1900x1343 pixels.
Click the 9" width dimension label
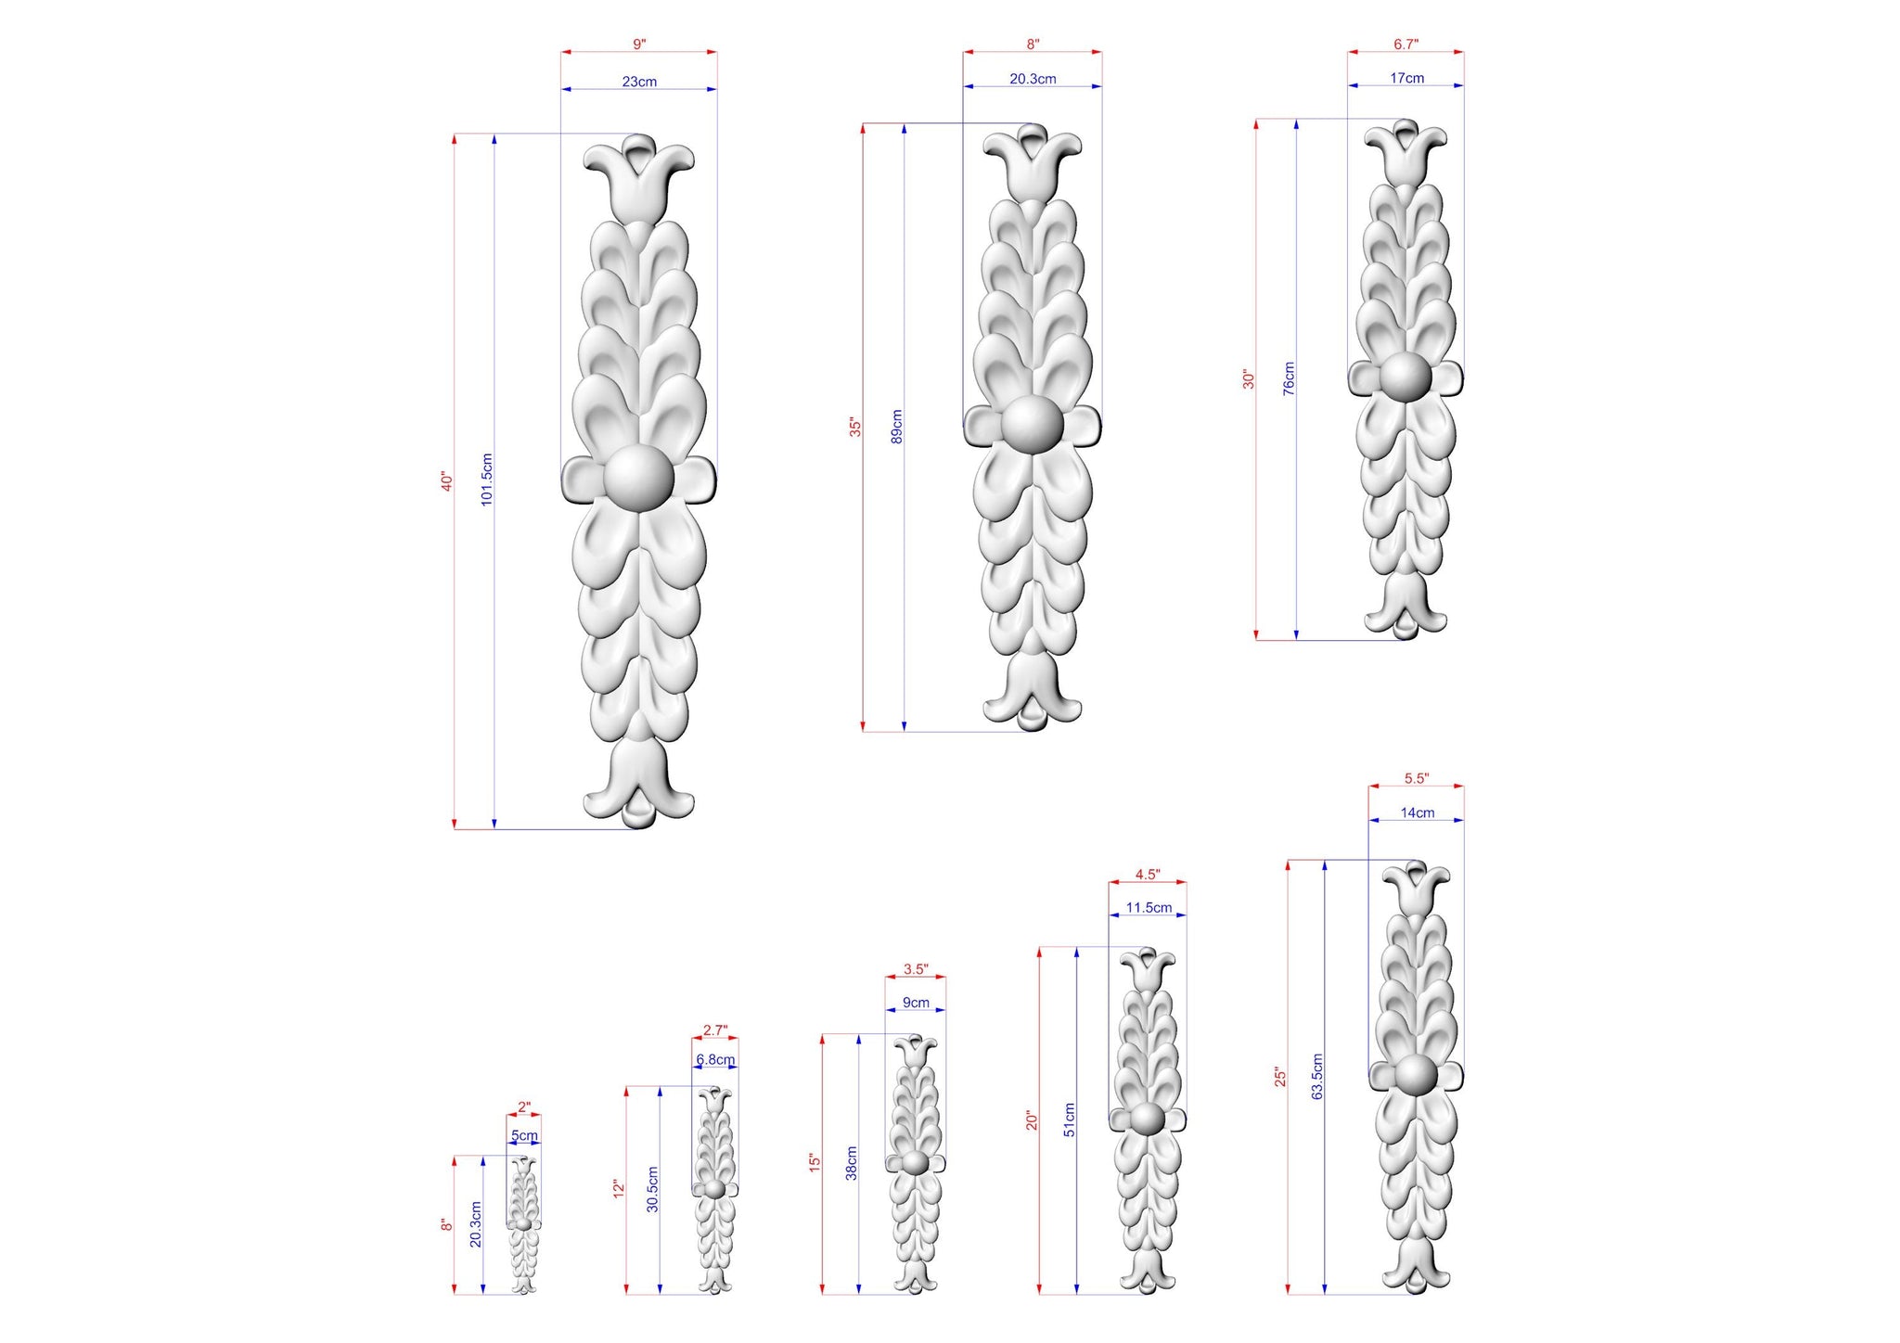click(639, 44)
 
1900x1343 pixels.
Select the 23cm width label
click(639, 82)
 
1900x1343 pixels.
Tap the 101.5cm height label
click(487, 480)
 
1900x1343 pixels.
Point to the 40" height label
click(446, 481)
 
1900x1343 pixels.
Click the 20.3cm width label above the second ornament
click(1033, 79)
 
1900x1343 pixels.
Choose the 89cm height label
click(896, 426)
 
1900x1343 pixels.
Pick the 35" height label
click(855, 427)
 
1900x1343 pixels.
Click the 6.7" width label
click(1406, 44)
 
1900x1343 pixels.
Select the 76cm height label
click(1289, 378)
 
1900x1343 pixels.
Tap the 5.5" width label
click(1417, 778)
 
